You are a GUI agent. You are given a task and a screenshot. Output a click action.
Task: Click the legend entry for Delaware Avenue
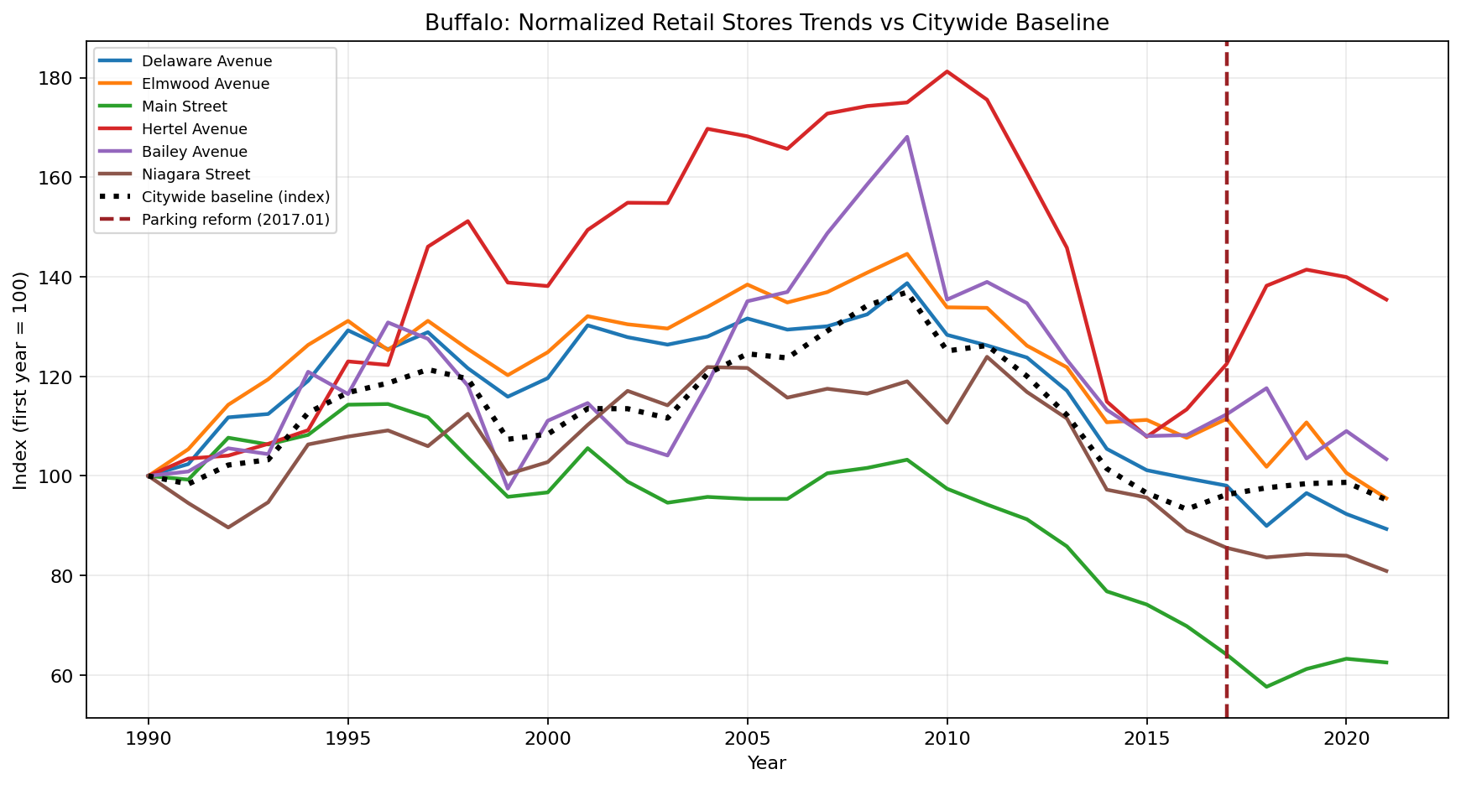pyautogui.click(x=206, y=61)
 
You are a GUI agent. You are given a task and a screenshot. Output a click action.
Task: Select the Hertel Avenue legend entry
pyautogui.click(x=194, y=129)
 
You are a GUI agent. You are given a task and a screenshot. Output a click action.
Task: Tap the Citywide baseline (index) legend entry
pyautogui.click(x=236, y=197)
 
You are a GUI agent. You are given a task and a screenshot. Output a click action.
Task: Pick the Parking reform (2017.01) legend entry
pyautogui.click(x=236, y=220)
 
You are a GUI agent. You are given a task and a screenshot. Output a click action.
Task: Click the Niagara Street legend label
pyautogui.click(x=196, y=174)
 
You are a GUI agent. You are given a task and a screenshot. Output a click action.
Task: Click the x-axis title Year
pyautogui.click(x=766, y=763)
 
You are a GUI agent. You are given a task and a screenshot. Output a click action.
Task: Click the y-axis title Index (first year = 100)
pyautogui.click(x=20, y=381)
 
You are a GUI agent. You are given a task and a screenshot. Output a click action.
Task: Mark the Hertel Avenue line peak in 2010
pyautogui.click(x=947, y=71)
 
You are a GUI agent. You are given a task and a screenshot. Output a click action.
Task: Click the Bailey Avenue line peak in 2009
pyautogui.click(x=907, y=137)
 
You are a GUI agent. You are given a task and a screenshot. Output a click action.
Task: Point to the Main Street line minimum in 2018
pyautogui.click(x=1266, y=687)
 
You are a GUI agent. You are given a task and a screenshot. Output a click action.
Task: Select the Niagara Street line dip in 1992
pyautogui.click(x=228, y=528)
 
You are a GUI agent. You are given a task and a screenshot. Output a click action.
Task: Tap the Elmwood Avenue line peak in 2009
pyautogui.click(x=907, y=253)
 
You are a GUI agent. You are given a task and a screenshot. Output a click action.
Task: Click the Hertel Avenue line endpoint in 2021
pyautogui.click(x=1386, y=299)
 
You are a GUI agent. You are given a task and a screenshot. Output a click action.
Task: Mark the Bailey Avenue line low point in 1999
pyautogui.click(x=508, y=489)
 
